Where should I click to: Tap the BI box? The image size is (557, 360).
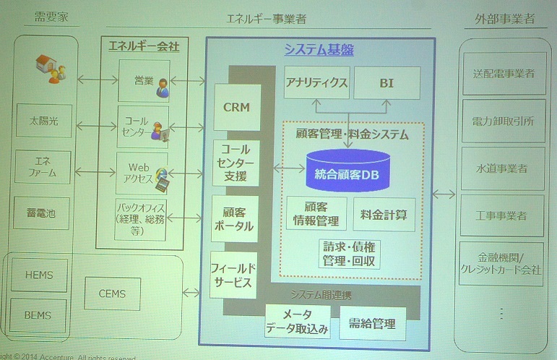click(386, 82)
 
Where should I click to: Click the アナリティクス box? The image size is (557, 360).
click(316, 82)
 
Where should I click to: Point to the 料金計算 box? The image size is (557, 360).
click(384, 214)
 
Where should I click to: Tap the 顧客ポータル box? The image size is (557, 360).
click(234, 218)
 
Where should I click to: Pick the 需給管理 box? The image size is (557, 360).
click(372, 324)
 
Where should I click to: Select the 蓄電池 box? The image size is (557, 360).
click(43, 214)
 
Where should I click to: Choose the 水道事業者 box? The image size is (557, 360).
click(501, 168)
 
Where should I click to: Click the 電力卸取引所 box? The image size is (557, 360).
click(501, 121)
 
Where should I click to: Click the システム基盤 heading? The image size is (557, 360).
click(319, 50)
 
